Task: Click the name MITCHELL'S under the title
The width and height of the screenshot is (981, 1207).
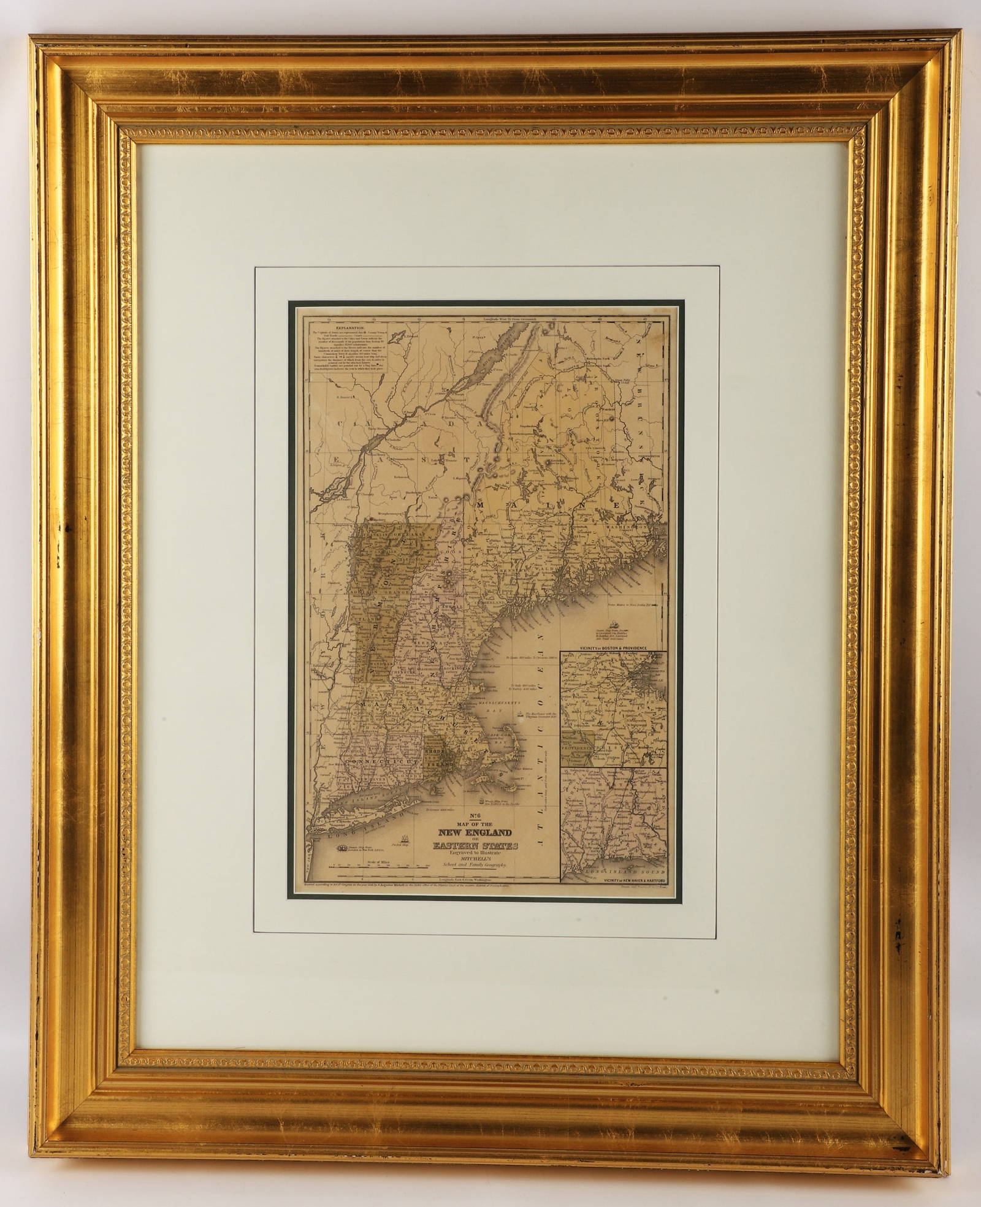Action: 476,864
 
